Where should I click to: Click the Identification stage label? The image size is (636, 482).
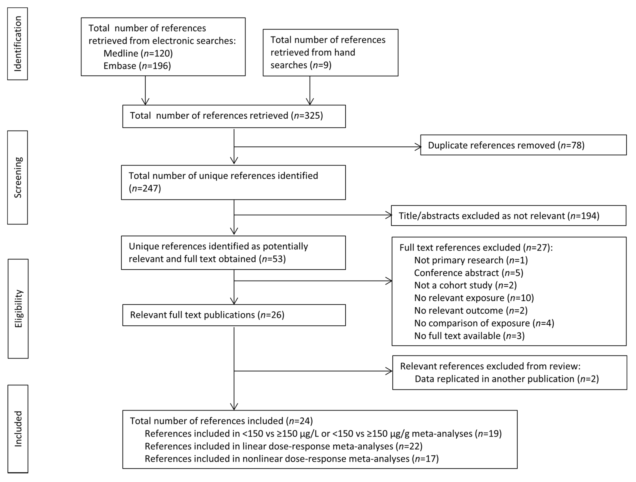(18, 44)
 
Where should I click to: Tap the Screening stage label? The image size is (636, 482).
(18, 177)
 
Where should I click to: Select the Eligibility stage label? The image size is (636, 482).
(18, 309)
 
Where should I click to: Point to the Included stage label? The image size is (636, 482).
(18, 429)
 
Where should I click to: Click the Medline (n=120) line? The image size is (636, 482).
(138, 53)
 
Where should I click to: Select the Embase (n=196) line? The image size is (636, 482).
(137, 66)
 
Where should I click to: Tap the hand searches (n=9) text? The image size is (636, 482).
(301, 65)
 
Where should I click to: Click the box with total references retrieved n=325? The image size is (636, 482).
(234, 116)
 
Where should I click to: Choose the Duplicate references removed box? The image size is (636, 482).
(523, 145)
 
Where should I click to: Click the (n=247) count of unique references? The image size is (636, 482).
(145, 188)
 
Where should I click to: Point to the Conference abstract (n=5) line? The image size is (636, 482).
(468, 273)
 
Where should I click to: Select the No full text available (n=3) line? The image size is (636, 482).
(469, 336)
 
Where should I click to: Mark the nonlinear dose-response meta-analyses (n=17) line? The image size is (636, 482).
(292, 458)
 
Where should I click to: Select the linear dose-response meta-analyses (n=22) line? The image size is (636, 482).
(283, 446)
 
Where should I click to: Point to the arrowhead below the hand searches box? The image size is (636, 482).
(310, 102)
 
